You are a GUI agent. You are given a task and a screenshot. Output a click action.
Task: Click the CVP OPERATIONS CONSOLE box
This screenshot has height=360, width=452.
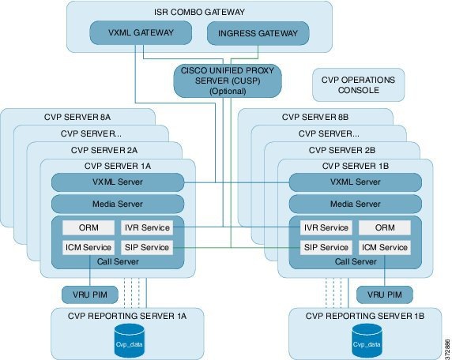coord(358,84)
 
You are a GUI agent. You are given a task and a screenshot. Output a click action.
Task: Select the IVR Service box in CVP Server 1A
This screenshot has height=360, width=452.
coord(146,227)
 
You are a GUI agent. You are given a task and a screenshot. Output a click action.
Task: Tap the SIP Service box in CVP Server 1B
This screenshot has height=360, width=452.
coord(326,247)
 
